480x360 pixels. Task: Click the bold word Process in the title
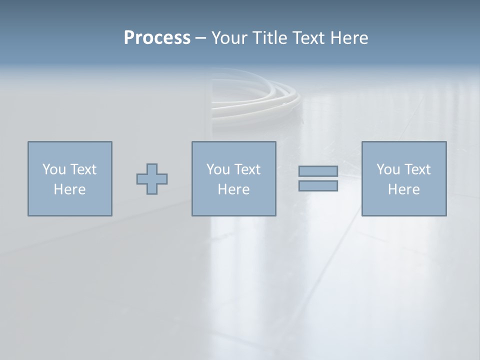157,38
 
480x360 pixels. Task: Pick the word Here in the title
349,38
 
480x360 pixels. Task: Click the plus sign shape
152,178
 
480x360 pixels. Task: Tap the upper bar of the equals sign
318,171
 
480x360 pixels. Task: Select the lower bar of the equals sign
318,186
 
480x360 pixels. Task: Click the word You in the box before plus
53,169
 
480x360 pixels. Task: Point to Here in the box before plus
69,189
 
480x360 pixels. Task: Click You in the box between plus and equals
217,169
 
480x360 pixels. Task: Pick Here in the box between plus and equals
233,189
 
